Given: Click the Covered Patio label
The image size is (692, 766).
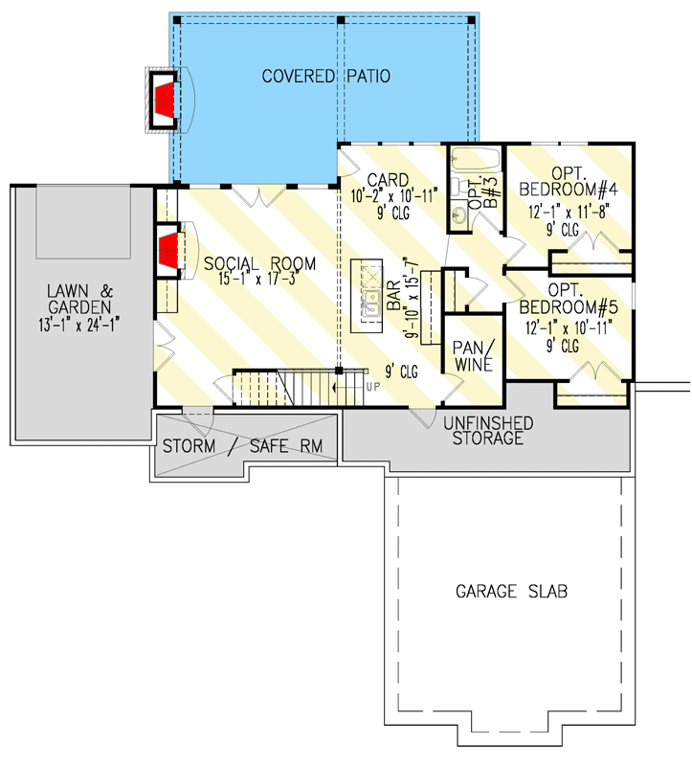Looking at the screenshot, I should click(326, 76).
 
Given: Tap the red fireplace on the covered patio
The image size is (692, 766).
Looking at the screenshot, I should click(165, 98).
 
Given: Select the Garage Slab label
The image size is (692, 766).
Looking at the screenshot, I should click(511, 591).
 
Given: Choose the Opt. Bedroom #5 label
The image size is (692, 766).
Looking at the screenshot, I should click(569, 299).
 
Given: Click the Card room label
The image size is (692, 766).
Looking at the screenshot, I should click(389, 179).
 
